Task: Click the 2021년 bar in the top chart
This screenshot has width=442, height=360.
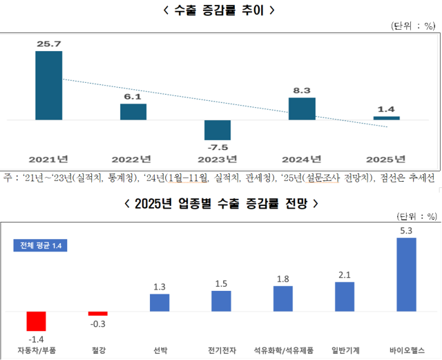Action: pos(49,86)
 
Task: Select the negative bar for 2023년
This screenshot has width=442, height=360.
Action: pos(218,130)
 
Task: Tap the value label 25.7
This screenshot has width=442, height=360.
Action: pos(49,44)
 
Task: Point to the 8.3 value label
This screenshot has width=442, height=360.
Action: pos(302,90)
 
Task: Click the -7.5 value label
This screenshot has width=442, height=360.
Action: pos(218,147)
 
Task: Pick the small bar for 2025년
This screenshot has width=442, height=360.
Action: pos(386,118)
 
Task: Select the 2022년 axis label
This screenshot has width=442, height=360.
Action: pos(133,159)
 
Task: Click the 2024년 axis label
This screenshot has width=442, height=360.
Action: pos(302,159)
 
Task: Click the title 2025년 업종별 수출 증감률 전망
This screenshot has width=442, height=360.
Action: pos(220,203)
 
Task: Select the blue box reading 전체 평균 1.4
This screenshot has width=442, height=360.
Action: pos(40,245)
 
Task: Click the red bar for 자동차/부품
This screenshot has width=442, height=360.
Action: pos(36,321)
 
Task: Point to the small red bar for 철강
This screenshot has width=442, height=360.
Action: pos(98,314)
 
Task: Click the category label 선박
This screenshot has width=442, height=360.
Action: pos(160,350)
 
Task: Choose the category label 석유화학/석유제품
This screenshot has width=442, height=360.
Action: pos(282,350)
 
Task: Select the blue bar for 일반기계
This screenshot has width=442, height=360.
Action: pos(344,296)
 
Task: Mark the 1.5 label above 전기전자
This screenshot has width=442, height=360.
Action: pos(221,284)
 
